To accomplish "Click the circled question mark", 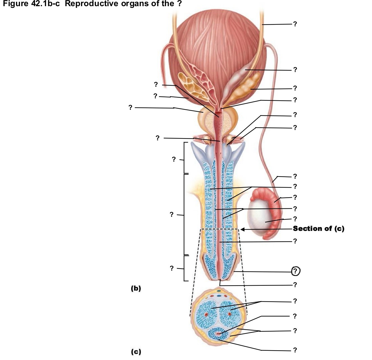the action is coord(295,271).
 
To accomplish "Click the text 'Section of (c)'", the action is coord(318,229).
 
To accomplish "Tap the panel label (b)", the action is coord(136,288).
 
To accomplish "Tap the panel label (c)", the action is coord(136,352).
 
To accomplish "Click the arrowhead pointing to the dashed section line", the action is coord(242,229).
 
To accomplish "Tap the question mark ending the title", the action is coord(179,3).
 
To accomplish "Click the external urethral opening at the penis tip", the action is coord(220,280).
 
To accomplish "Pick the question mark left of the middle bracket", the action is coord(172,214).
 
